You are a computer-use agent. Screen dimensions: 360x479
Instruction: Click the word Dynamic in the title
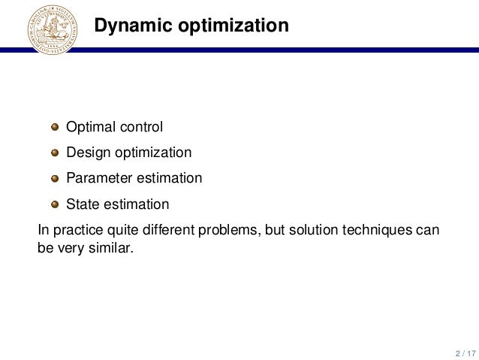pyautogui.click(x=130, y=26)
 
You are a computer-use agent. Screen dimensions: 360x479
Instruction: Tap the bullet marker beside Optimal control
pyautogui.click(x=55, y=127)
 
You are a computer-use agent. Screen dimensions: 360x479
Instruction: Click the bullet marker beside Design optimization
pyautogui.click(x=55, y=153)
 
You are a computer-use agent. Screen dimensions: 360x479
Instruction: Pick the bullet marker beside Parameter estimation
pyautogui.click(x=55, y=179)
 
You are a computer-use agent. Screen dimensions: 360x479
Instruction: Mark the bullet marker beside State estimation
pyautogui.click(x=55, y=204)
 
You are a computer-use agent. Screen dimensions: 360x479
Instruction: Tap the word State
pyautogui.click(x=82, y=204)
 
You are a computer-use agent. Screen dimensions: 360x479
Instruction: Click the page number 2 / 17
pyautogui.click(x=464, y=352)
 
